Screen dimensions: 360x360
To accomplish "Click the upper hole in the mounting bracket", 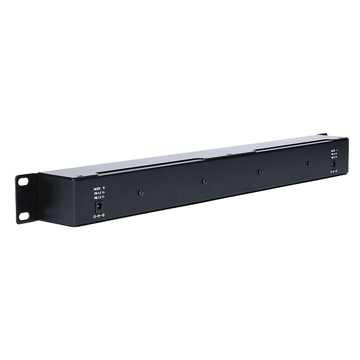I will pyautogui.click(x=24, y=181).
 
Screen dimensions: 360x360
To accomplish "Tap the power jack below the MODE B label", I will pyautogui.click(x=99, y=206).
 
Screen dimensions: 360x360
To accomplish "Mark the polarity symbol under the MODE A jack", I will pyautogui.click(x=333, y=172).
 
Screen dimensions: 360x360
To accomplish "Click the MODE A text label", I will pyautogui.click(x=335, y=151).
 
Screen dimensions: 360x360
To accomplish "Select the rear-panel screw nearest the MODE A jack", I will pyautogui.click(x=309, y=164).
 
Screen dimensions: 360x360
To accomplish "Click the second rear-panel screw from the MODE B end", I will pyautogui.click(x=204, y=181).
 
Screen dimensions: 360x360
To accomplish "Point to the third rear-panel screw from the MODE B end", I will pyautogui.click(x=260, y=172).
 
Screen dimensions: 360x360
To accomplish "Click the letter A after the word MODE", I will pyautogui.click(x=337, y=151).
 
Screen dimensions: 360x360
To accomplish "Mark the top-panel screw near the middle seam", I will pyautogui.click(x=227, y=154).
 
